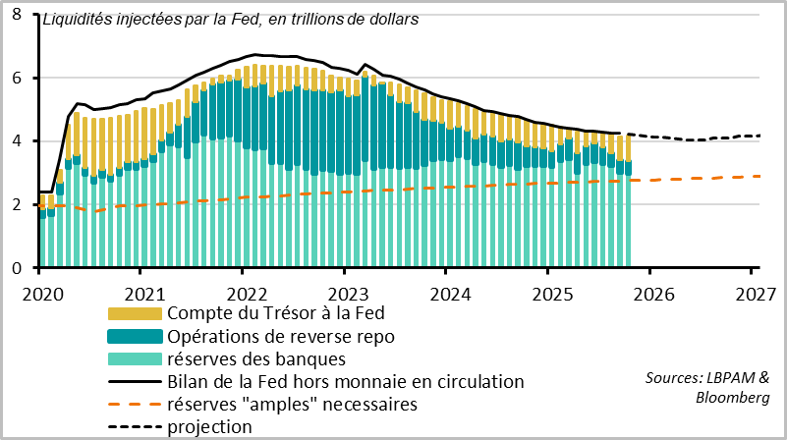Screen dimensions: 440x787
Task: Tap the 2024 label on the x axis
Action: (x=448, y=293)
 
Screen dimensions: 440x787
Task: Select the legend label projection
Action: (x=210, y=426)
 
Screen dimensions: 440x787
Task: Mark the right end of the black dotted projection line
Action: (x=760, y=136)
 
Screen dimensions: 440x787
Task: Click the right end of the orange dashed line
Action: (x=760, y=176)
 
